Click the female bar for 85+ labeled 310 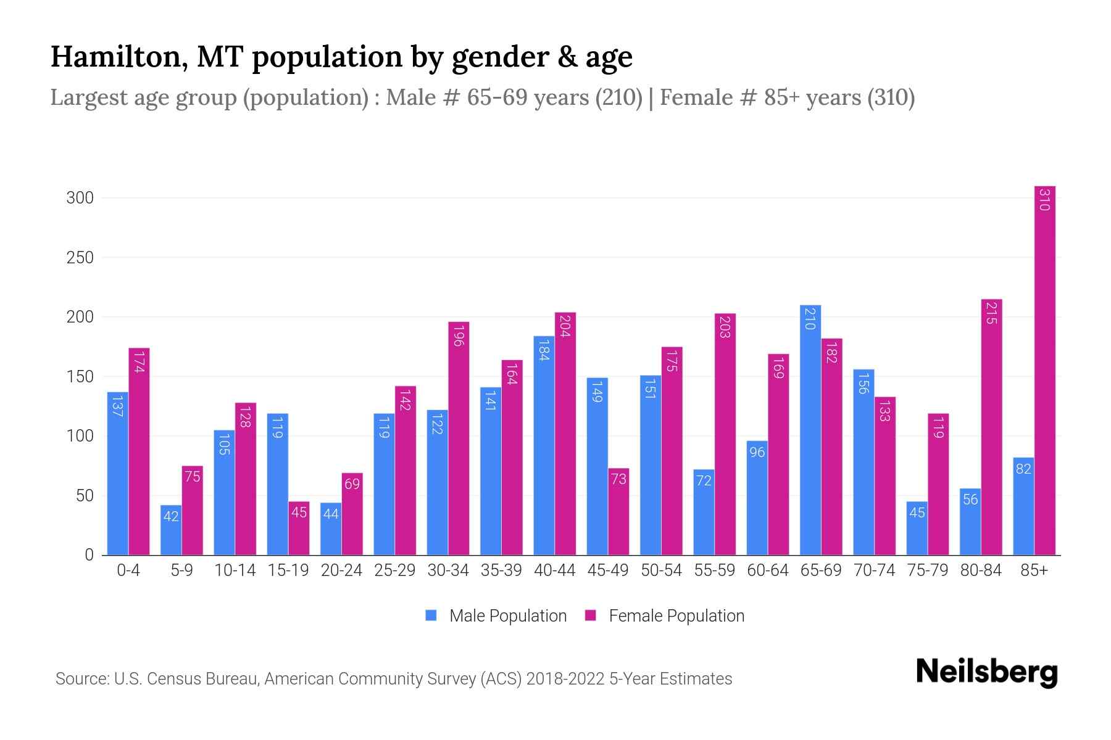tap(1044, 370)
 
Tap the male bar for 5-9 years tap(171, 530)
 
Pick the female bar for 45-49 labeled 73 tap(618, 512)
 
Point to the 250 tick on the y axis tap(80, 258)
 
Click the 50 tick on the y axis tap(85, 496)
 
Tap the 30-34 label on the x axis tap(448, 570)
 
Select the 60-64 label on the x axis tap(767, 570)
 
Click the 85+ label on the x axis tap(1034, 570)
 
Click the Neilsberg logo tap(986, 672)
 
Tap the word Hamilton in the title tap(114, 57)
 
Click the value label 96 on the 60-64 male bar tap(757, 453)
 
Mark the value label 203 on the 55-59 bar tap(725, 327)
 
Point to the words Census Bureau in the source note tap(207, 679)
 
